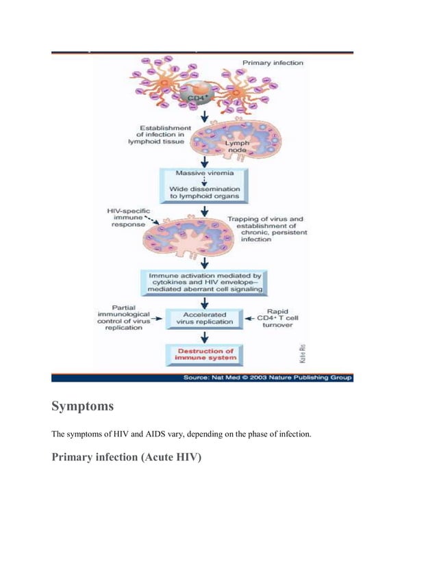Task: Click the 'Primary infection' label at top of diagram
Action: pyautogui.click(x=273, y=63)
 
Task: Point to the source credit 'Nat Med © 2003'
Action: pyautogui.click(x=268, y=377)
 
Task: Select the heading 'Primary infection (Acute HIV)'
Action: pyautogui.click(x=127, y=458)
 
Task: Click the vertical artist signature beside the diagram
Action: pyautogui.click(x=301, y=352)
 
